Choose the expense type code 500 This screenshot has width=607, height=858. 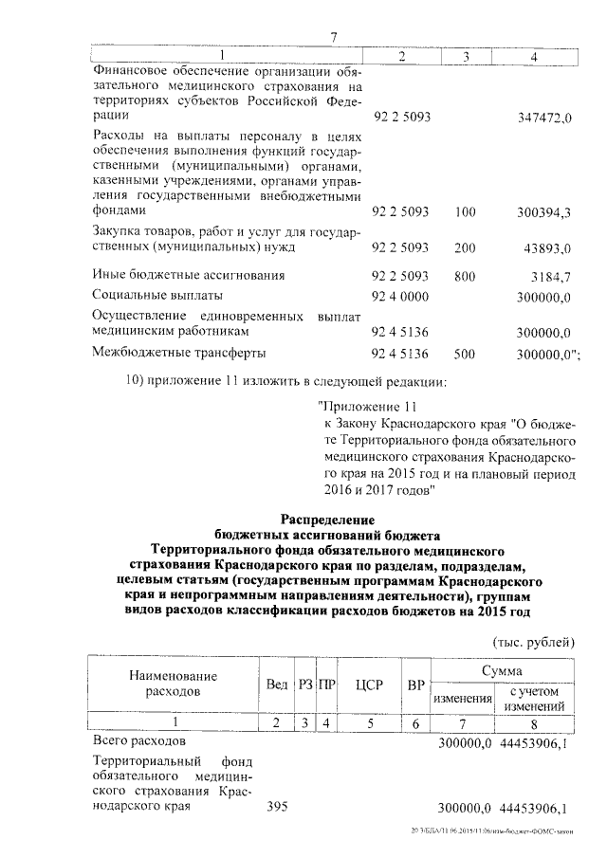tap(465, 354)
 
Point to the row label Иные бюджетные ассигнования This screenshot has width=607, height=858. tap(188, 276)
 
